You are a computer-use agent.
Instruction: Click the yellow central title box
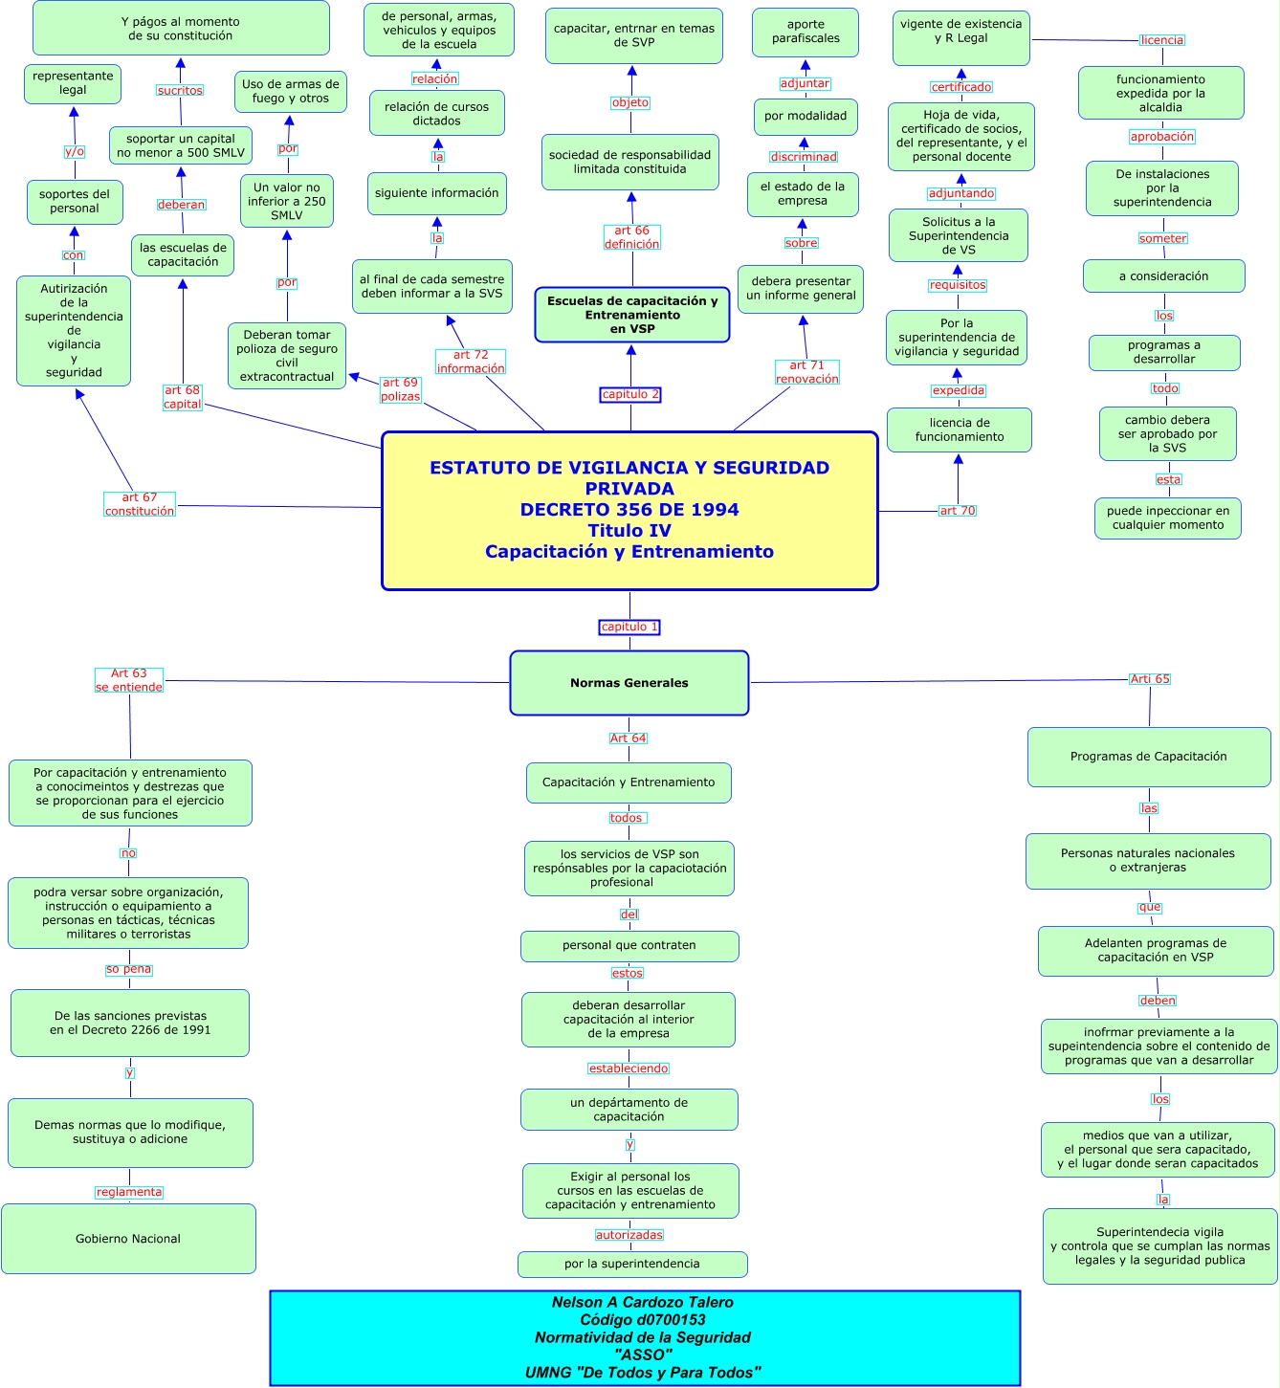pos(629,510)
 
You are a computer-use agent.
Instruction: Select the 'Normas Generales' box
pos(629,683)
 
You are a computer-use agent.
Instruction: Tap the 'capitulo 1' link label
pos(629,628)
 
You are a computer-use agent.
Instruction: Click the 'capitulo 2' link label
pos(630,394)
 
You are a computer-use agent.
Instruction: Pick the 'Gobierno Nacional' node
pos(128,1239)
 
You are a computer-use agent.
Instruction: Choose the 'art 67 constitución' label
pos(140,504)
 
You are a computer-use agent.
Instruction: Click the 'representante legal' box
pos(73,83)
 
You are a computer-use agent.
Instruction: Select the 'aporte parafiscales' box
pos(806,32)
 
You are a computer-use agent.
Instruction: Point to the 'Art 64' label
pos(629,738)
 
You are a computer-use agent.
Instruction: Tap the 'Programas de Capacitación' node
pos(1149,757)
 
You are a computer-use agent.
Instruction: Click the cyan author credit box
pos(645,1337)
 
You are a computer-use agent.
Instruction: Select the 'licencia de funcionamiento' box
pos(960,430)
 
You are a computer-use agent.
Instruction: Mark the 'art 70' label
pos(958,511)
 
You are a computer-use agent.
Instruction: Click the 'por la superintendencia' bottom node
pos(632,1264)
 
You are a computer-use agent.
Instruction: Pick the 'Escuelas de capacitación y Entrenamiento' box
pos(632,315)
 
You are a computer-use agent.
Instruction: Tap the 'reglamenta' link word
pos(129,1192)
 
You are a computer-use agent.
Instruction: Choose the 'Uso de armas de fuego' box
pos(291,91)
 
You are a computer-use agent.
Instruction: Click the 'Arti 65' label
pos(1150,679)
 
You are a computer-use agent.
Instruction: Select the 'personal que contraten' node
pos(629,946)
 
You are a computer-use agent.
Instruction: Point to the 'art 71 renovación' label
pos(807,372)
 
